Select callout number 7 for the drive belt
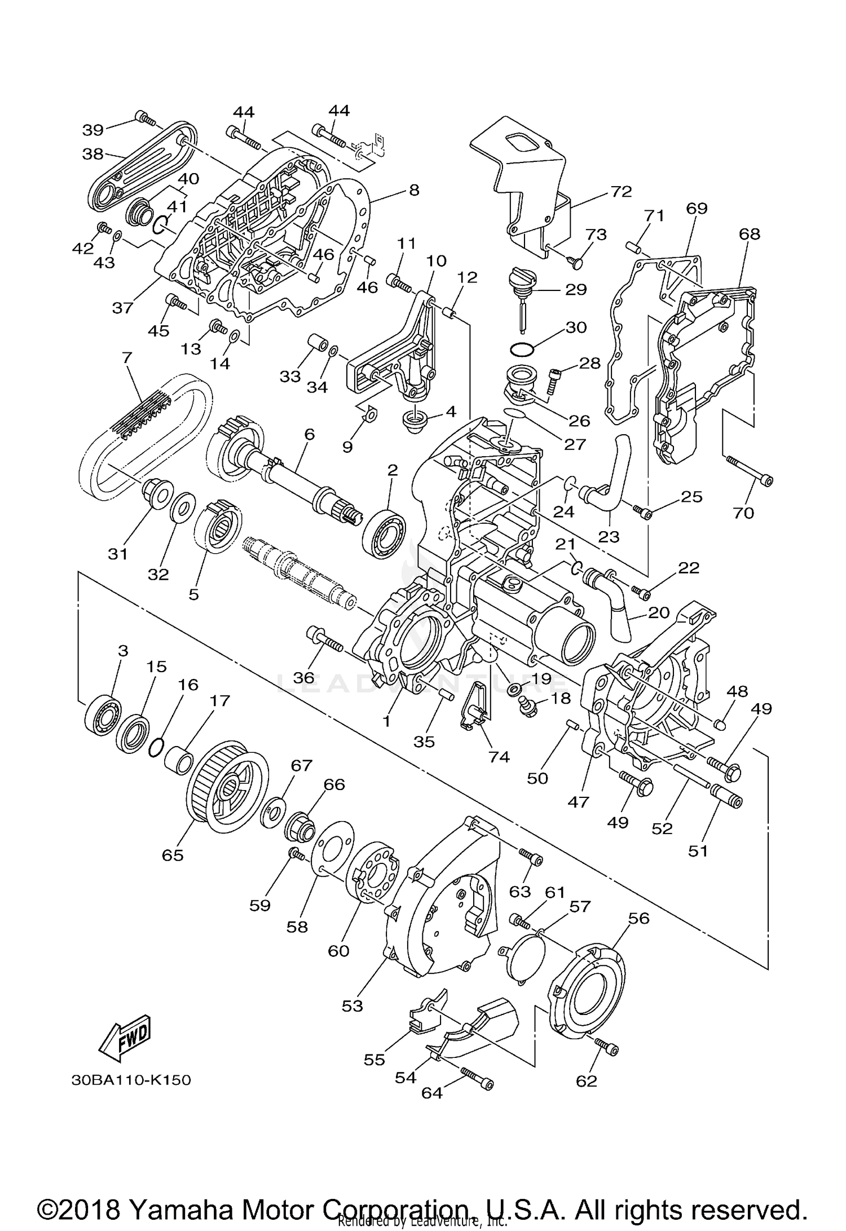[x=126, y=358]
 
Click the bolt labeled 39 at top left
[x=145, y=118]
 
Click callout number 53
[x=352, y=1005]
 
